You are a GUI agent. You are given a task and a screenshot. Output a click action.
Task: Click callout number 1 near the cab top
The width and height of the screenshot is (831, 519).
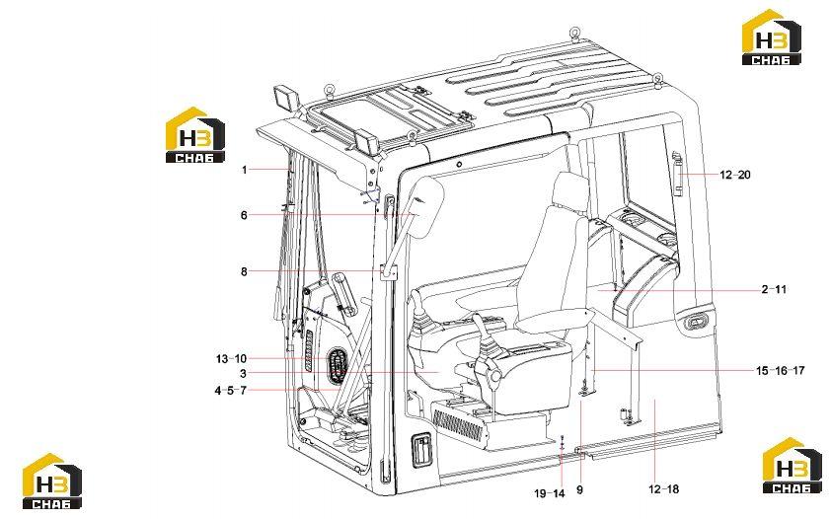click(245, 170)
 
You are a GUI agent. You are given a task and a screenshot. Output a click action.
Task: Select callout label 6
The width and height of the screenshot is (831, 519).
click(244, 215)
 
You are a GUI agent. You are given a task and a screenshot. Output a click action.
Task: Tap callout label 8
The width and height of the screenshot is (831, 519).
click(244, 271)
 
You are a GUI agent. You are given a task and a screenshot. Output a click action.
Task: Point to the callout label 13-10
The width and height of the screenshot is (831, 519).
click(231, 358)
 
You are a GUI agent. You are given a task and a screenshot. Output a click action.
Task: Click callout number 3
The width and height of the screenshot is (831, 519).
click(243, 373)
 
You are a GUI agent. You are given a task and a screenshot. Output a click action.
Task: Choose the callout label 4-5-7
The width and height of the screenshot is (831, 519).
click(231, 391)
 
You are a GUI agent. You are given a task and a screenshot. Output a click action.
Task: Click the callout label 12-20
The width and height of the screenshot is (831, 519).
click(735, 175)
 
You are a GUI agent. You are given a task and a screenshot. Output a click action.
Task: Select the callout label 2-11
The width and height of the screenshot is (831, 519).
click(775, 289)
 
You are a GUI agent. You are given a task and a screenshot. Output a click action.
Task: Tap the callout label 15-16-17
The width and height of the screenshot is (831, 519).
click(780, 371)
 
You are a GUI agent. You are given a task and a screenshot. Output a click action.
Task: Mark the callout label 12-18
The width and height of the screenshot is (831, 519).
click(663, 489)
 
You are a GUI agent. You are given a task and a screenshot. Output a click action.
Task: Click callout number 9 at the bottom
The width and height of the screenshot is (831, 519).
click(579, 489)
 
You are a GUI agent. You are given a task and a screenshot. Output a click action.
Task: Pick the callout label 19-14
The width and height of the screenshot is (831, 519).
click(550, 493)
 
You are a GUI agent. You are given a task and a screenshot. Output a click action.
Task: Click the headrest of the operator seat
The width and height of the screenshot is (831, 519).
click(570, 189)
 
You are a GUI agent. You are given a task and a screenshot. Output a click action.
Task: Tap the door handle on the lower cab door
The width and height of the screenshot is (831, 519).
click(422, 450)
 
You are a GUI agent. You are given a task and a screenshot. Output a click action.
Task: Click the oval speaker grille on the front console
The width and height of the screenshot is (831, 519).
click(336, 366)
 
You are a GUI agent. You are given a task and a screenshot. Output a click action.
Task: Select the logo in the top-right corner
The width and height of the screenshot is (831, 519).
click(771, 37)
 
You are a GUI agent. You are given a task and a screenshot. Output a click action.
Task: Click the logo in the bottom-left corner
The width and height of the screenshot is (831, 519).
click(52, 481)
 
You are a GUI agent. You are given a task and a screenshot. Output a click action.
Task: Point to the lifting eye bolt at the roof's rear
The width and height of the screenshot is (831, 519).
click(574, 33)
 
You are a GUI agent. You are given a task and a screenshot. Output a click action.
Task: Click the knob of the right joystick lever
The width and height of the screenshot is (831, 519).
click(495, 376)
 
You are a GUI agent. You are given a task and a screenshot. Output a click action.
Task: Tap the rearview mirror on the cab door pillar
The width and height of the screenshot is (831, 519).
click(426, 207)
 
